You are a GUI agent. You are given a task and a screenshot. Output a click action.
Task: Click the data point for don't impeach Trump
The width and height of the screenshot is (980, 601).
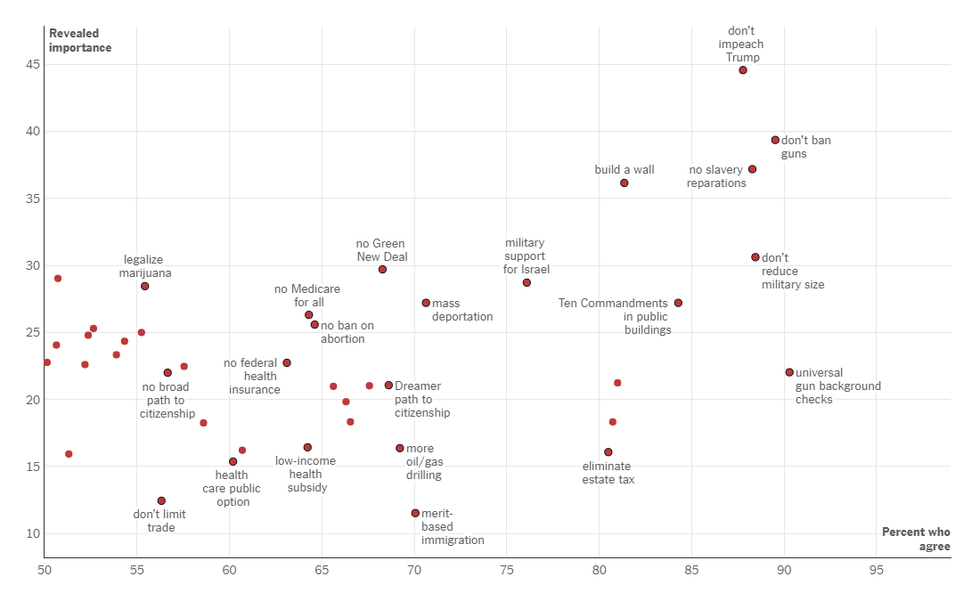point(743,70)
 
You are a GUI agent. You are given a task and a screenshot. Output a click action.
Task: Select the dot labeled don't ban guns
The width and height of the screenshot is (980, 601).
point(775,140)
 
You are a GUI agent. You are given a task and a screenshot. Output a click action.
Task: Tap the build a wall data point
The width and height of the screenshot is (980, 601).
point(625,183)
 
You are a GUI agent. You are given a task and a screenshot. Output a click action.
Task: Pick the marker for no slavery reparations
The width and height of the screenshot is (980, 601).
point(752,169)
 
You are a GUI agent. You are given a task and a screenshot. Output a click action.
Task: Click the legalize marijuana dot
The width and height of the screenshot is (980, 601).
point(144,286)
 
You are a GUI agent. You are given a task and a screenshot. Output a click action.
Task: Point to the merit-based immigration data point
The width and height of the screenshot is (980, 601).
point(415,513)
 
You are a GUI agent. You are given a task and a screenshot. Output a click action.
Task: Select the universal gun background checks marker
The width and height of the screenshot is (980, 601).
point(789,372)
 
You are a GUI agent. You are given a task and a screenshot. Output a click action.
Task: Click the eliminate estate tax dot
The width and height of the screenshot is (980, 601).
point(608,452)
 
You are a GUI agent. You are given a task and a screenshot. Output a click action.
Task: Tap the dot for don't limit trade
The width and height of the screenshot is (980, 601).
point(161,500)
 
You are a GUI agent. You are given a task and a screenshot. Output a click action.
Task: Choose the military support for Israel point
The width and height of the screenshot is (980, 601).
point(527,282)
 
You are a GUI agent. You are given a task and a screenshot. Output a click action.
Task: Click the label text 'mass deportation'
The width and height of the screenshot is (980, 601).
point(461,310)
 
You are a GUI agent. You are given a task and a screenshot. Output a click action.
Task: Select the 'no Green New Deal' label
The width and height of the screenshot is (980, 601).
point(380,250)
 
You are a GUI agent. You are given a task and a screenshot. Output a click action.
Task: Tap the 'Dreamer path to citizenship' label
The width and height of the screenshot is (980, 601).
point(421,400)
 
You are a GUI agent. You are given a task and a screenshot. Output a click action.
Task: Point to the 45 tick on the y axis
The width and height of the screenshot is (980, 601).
point(32,64)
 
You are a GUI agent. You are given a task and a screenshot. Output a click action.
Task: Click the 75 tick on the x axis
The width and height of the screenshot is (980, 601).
point(506,570)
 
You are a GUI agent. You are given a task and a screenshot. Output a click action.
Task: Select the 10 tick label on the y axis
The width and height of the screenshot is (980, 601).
point(32,533)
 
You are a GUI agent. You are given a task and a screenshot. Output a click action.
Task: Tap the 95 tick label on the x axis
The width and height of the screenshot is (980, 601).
point(876,570)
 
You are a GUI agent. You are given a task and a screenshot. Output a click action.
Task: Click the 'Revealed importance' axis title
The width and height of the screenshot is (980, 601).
point(80,41)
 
